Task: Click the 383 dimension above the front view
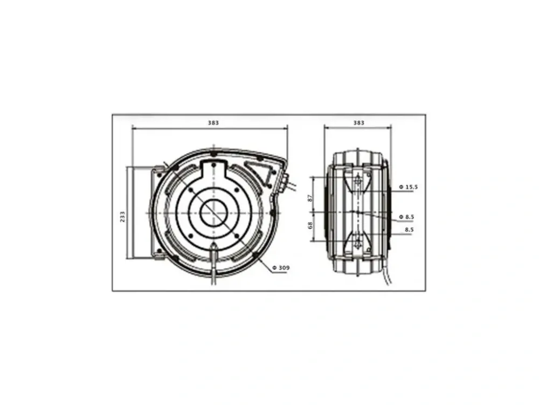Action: point(213,123)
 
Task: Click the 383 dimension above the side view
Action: point(358,123)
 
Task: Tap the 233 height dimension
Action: point(122,217)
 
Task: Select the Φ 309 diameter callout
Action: point(281,268)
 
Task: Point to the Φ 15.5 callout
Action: point(409,187)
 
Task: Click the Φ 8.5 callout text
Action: point(406,217)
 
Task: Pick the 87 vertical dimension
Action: point(310,198)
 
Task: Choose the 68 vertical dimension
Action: point(310,225)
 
